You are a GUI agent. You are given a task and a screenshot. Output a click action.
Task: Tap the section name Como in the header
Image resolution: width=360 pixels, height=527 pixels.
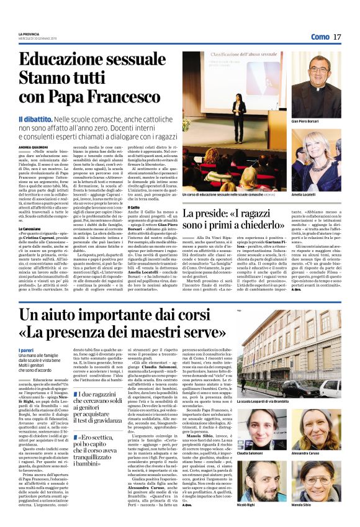coord(320,37)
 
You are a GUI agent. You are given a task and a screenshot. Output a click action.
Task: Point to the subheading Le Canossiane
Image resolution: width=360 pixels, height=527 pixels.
coord(31,227)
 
